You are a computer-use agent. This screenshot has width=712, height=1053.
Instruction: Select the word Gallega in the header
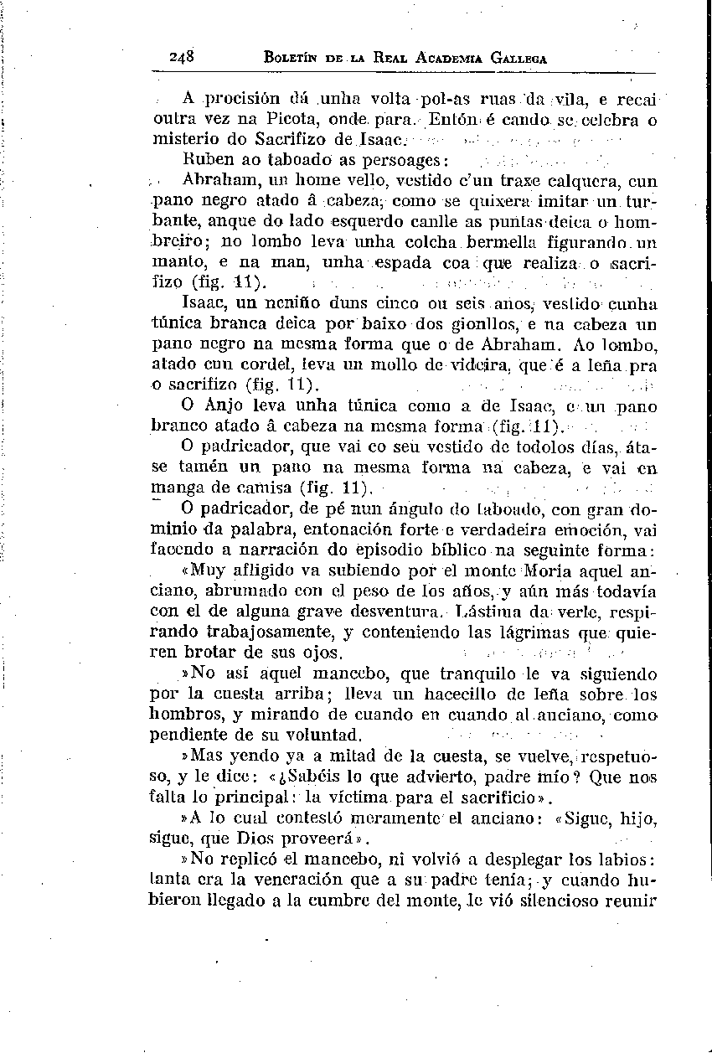[x=519, y=59]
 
